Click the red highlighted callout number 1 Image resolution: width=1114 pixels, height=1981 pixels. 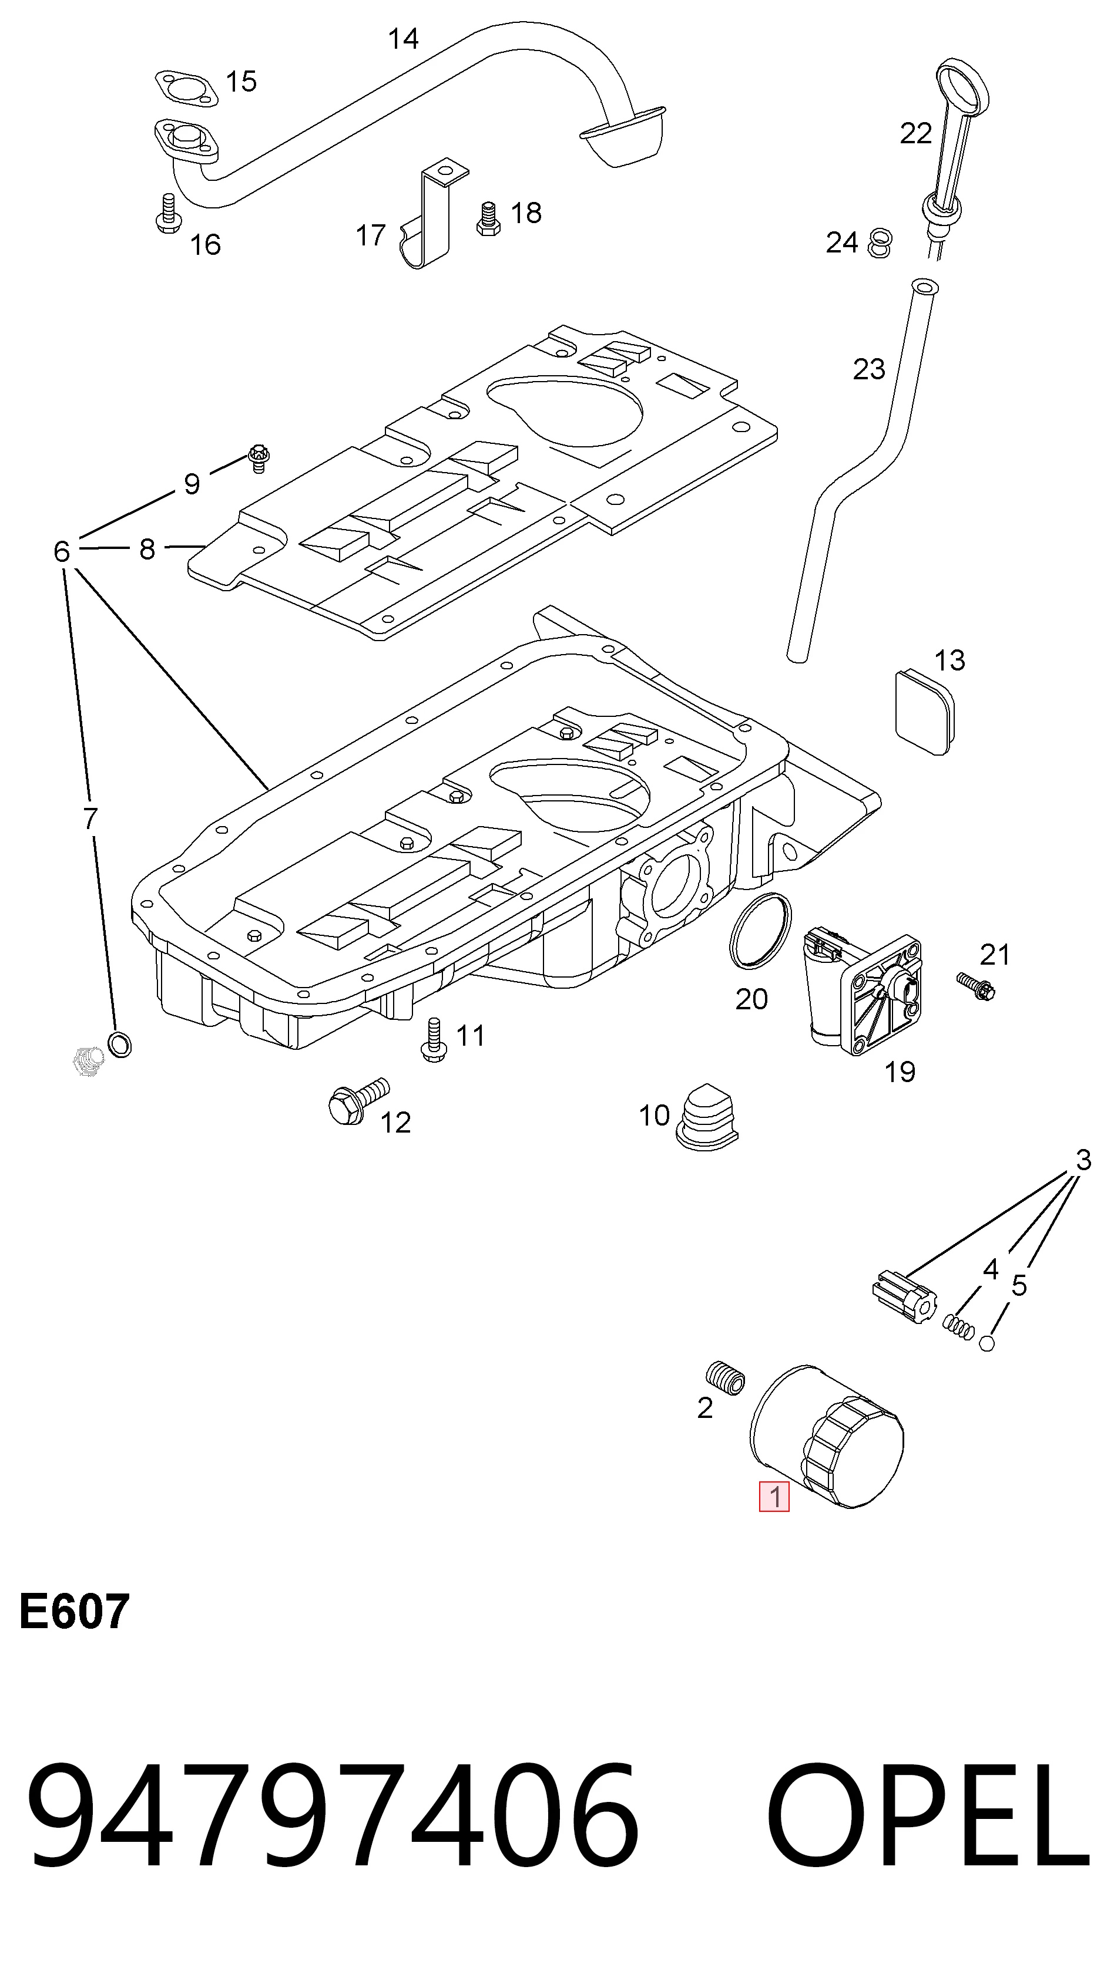pyautogui.click(x=774, y=1496)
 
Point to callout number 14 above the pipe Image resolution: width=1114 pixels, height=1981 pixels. pyautogui.click(x=403, y=38)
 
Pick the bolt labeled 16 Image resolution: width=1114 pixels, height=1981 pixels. pyautogui.click(x=167, y=213)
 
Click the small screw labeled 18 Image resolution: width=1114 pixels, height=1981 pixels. pyautogui.click(x=488, y=218)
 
